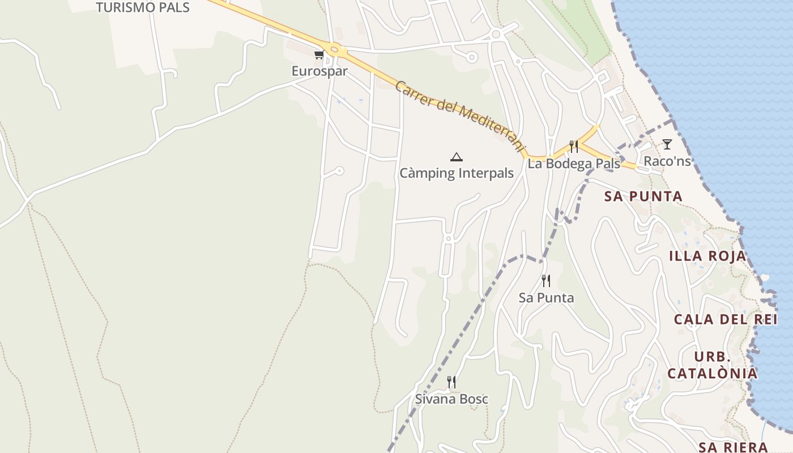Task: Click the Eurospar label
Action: (319, 71)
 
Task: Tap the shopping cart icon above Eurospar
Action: (319, 55)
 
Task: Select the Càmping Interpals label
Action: (457, 173)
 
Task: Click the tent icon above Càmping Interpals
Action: (457, 157)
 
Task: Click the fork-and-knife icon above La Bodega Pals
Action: (574, 147)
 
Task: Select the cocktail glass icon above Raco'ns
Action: (667, 144)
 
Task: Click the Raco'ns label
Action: (667, 161)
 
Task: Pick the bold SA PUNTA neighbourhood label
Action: (643, 196)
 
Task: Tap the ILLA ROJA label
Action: (707, 256)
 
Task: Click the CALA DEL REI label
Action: (726, 319)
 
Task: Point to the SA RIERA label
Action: (733, 447)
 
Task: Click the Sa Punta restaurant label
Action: (546, 298)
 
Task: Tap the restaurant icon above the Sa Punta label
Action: (546, 280)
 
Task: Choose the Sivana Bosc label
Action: (451, 399)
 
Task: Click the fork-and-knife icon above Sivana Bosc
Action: (451, 382)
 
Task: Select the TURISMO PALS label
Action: (142, 7)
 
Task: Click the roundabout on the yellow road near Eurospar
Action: (335, 50)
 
